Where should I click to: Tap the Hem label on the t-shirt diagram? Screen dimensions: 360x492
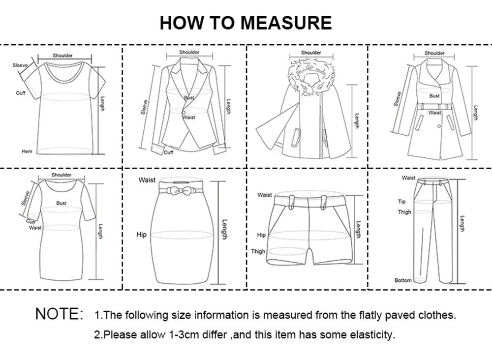pyautogui.click(x=27, y=151)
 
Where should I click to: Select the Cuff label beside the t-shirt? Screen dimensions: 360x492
pyautogui.click(x=20, y=93)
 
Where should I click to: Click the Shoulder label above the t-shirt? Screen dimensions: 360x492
pyautogui.click(x=62, y=56)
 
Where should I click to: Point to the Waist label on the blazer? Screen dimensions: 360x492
pyautogui.click(x=189, y=118)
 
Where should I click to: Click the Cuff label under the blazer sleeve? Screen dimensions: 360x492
pyautogui.click(x=169, y=152)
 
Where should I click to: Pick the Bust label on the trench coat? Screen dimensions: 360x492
pyautogui.click(x=434, y=96)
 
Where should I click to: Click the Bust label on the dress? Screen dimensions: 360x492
pyautogui.click(x=61, y=203)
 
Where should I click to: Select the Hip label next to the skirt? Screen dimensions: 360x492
pyautogui.click(x=141, y=235)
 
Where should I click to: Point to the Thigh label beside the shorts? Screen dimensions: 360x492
pyautogui.click(x=258, y=251)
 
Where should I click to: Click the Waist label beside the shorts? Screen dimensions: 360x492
pyautogui.click(x=264, y=195)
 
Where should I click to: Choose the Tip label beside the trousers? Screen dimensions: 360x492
pyautogui.click(x=401, y=202)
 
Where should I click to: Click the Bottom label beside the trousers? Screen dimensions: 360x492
pyautogui.click(x=403, y=280)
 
